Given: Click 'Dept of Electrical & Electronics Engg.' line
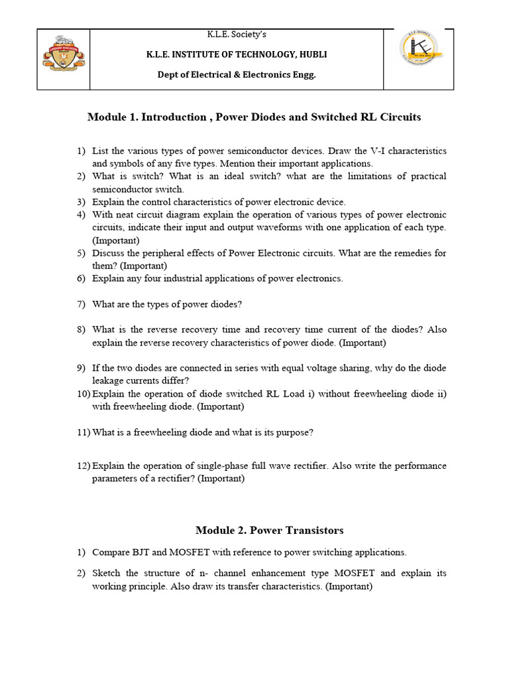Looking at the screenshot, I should [237, 74].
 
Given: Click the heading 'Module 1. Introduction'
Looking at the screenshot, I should [147, 117].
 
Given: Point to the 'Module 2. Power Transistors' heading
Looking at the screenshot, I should [269, 530].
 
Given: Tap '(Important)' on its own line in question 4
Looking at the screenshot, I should [116, 241].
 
